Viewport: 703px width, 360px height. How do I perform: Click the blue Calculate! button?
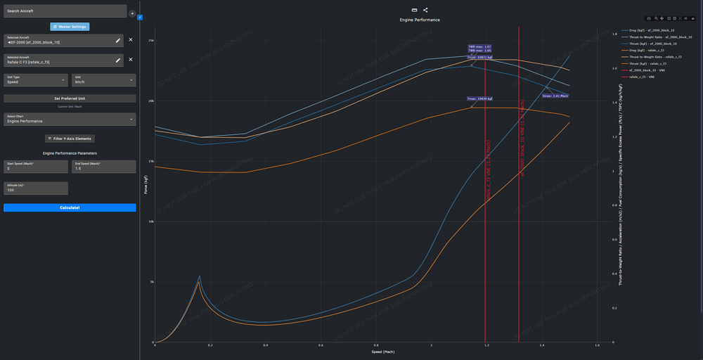(70, 207)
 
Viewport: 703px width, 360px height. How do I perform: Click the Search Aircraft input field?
(65, 11)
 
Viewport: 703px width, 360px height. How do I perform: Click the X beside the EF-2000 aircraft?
(131, 40)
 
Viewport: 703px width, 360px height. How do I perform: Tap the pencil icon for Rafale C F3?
(118, 60)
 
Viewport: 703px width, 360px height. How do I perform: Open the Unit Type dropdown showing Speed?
(36, 80)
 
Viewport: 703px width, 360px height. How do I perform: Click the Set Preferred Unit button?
(70, 98)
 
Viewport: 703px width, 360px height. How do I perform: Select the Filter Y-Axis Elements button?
(70, 139)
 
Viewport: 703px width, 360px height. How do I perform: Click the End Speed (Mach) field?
(103, 167)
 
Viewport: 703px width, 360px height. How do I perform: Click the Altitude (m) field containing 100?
(36, 188)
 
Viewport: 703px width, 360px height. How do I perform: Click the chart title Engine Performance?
(420, 20)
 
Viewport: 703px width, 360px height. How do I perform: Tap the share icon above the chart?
(425, 10)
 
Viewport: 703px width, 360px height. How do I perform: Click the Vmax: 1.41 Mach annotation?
(555, 96)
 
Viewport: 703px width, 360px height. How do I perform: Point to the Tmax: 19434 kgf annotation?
(479, 99)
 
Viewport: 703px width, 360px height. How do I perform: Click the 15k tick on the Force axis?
(150, 161)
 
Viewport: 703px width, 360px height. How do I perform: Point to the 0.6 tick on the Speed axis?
(321, 345)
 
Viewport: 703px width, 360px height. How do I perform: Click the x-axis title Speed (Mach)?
(382, 352)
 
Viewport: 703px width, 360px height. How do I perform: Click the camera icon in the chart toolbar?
(649, 18)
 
